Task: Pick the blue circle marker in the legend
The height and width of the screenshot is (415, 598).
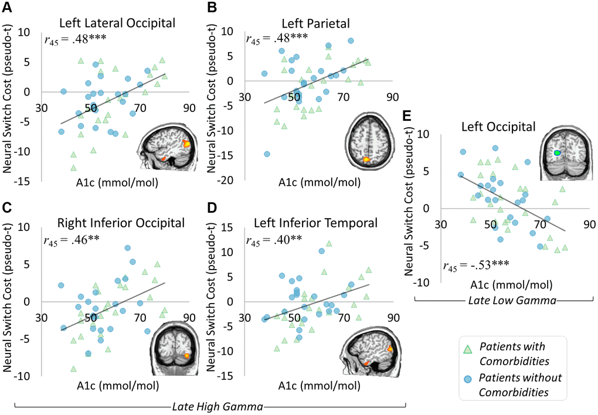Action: click(x=468, y=379)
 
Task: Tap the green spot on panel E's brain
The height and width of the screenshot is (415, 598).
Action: click(x=557, y=152)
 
